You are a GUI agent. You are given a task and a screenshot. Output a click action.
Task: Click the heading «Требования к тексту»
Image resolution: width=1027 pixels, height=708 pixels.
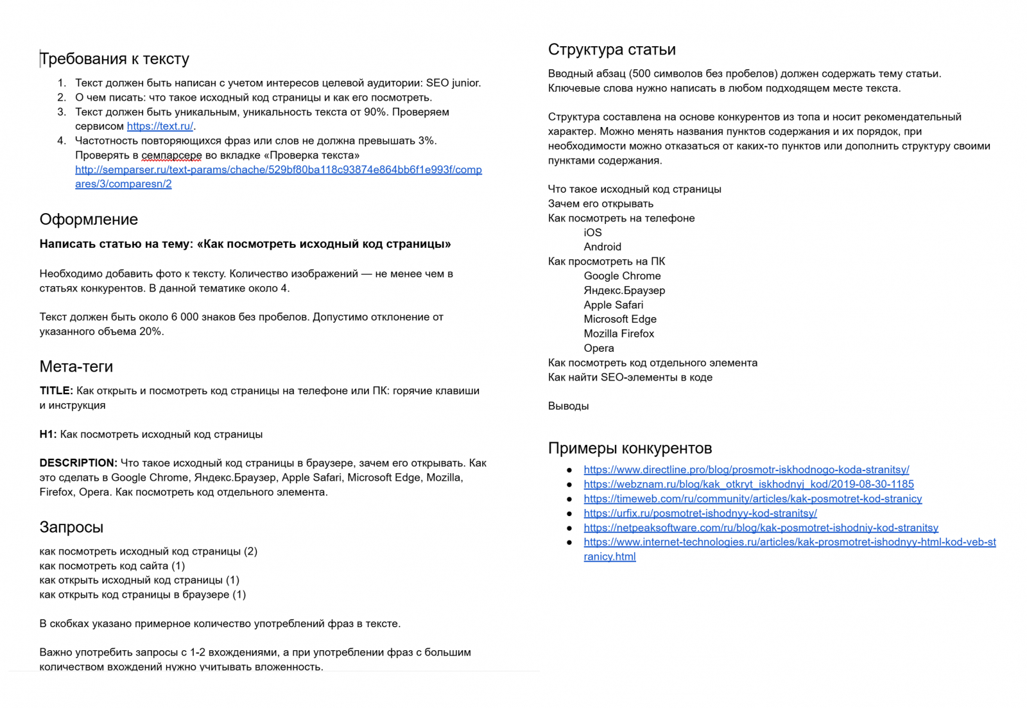tap(114, 59)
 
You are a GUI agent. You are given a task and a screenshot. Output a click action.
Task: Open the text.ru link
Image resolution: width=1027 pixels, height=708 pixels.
tap(160, 126)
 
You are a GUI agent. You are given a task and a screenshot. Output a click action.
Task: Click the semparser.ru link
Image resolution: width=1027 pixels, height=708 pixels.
tap(278, 170)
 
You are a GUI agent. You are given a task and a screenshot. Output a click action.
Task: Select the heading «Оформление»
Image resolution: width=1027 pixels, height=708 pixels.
tap(89, 220)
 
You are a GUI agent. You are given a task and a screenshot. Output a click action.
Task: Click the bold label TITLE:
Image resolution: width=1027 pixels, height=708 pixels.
tap(56, 391)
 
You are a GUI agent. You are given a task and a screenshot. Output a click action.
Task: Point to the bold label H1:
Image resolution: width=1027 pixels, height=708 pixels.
tap(48, 435)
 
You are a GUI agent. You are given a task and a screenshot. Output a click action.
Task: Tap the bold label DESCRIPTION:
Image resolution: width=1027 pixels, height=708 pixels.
tap(78, 463)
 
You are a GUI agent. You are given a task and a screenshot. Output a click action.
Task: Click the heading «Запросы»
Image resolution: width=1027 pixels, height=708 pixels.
tap(71, 527)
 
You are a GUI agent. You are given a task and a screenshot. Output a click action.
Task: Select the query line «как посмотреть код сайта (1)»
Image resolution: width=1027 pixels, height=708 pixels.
tap(112, 566)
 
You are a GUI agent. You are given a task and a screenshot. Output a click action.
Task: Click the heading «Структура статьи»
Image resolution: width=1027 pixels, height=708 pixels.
tap(612, 50)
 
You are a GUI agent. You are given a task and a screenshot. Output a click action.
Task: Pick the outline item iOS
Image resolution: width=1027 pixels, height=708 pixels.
tap(592, 232)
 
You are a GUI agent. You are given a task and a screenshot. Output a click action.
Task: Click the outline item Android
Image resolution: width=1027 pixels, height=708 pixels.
tap(602, 247)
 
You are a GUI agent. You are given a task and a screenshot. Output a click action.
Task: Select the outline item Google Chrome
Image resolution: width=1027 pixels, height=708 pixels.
tap(622, 276)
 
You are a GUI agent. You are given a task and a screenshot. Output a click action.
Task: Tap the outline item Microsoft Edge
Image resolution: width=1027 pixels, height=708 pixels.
tap(620, 319)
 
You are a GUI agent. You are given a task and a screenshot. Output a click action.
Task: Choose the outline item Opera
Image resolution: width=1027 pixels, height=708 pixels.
tap(599, 349)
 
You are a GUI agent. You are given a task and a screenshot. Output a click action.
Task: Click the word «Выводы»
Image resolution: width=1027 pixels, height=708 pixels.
tap(568, 406)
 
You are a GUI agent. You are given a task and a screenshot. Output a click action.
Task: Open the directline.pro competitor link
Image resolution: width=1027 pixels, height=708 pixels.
tap(746, 470)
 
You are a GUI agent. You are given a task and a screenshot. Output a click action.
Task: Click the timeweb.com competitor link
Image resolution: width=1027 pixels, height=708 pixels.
tap(752, 499)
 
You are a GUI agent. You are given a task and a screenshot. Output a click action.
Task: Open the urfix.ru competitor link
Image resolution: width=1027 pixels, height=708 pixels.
tap(700, 514)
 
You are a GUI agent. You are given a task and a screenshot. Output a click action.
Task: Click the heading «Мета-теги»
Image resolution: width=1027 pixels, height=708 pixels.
tap(76, 367)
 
